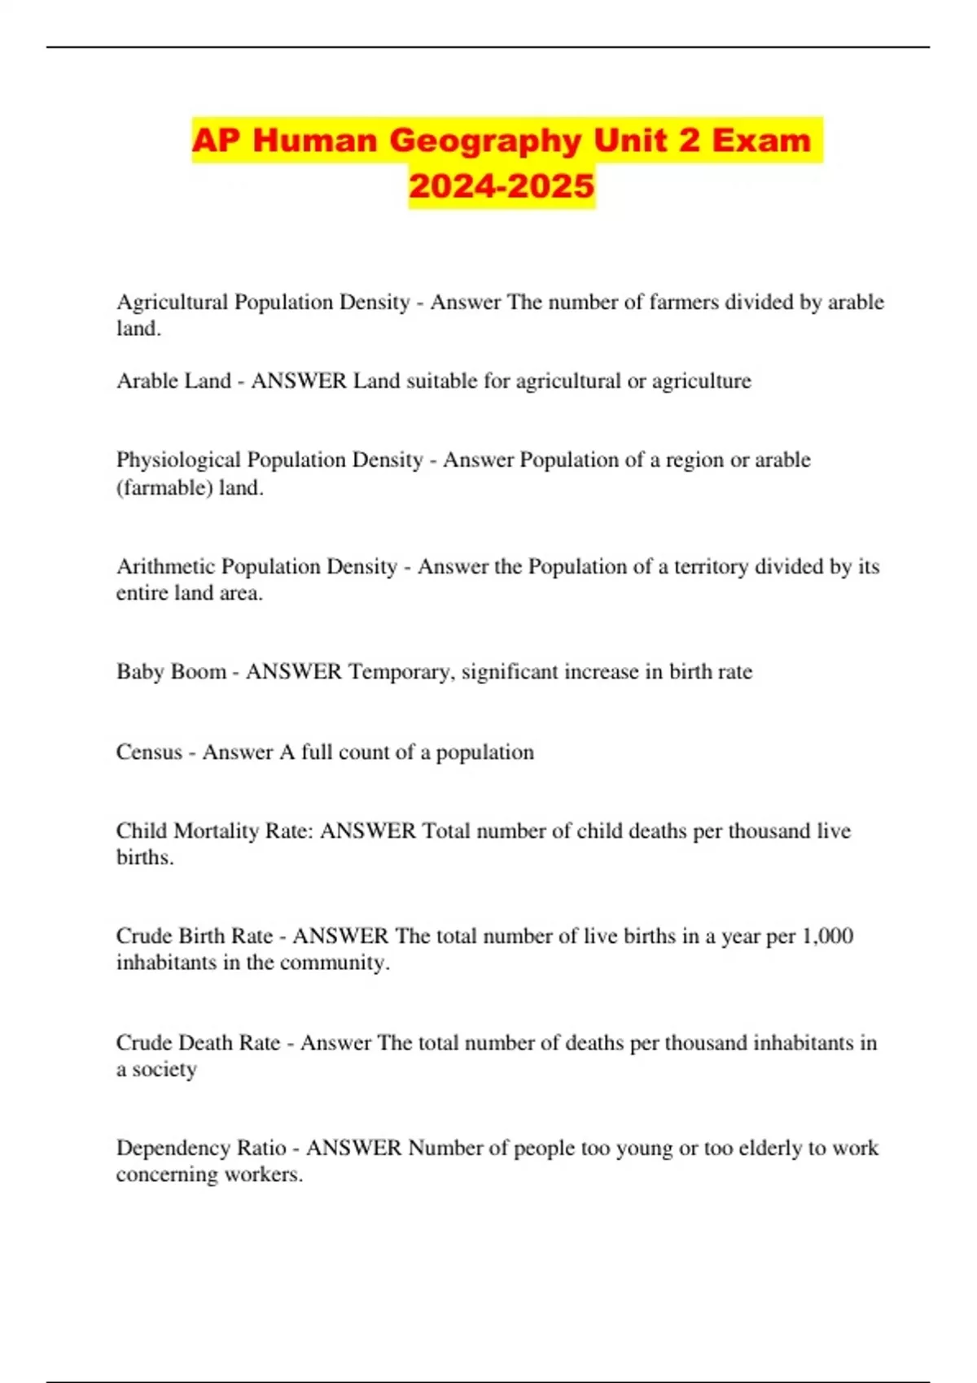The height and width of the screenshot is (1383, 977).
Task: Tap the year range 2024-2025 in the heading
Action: (502, 186)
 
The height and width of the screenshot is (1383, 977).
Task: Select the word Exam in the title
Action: (761, 141)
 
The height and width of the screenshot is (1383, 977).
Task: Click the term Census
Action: (149, 753)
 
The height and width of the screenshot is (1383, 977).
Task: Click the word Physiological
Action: (178, 460)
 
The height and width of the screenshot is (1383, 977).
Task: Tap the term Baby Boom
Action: (171, 672)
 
